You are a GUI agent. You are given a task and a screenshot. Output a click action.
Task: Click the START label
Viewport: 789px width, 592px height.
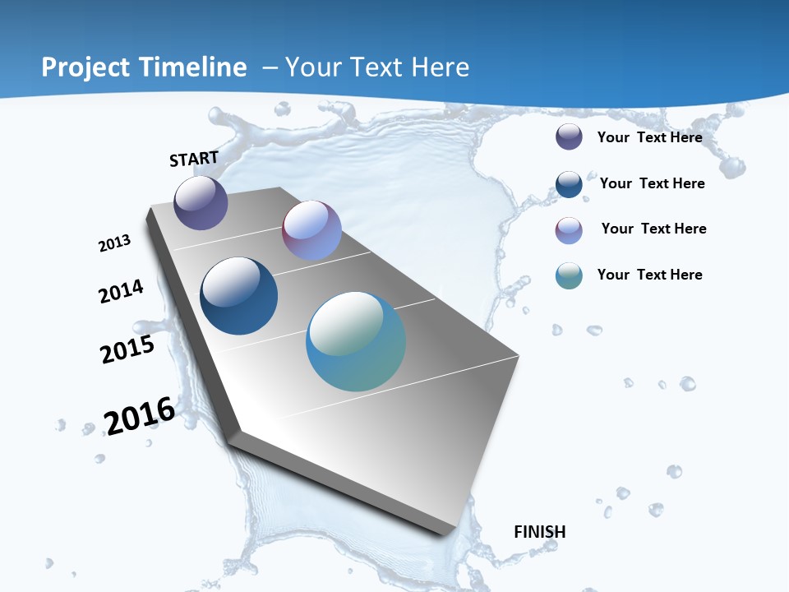coord(194,159)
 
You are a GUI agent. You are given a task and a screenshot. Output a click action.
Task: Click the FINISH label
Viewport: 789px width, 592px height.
coord(540,532)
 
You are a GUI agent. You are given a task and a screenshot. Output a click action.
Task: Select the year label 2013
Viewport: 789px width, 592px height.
coord(115,243)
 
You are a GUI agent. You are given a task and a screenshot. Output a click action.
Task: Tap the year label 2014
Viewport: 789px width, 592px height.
coord(122,291)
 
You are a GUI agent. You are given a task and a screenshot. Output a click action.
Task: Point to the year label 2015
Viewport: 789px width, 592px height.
coord(127,349)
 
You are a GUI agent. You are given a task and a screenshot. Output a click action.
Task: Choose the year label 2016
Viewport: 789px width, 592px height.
coord(140,415)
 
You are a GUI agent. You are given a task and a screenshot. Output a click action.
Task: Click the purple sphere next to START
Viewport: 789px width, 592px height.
coord(201,202)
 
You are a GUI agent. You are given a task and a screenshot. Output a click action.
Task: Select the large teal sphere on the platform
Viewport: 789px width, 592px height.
coord(356,341)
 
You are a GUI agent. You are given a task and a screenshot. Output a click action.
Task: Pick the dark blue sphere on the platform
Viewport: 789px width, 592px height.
coord(238,296)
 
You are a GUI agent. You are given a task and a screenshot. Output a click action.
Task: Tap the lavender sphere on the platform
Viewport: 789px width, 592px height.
coord(311,230)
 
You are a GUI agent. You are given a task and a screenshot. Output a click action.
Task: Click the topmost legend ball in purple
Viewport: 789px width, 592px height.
coord(569,137)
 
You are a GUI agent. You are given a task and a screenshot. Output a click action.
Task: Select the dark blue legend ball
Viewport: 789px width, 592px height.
coord(569,184)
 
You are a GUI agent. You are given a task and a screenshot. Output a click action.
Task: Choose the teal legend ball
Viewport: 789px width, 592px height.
coord(569,275)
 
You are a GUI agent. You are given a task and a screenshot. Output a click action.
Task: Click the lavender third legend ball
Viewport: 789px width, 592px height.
coord(569,230)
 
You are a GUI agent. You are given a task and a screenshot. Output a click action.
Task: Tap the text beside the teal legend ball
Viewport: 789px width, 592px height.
coord(649,275)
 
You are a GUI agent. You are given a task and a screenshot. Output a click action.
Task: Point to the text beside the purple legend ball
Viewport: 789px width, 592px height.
coord(649,137)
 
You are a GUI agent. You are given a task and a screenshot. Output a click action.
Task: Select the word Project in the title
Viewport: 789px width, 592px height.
coord(85,67)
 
